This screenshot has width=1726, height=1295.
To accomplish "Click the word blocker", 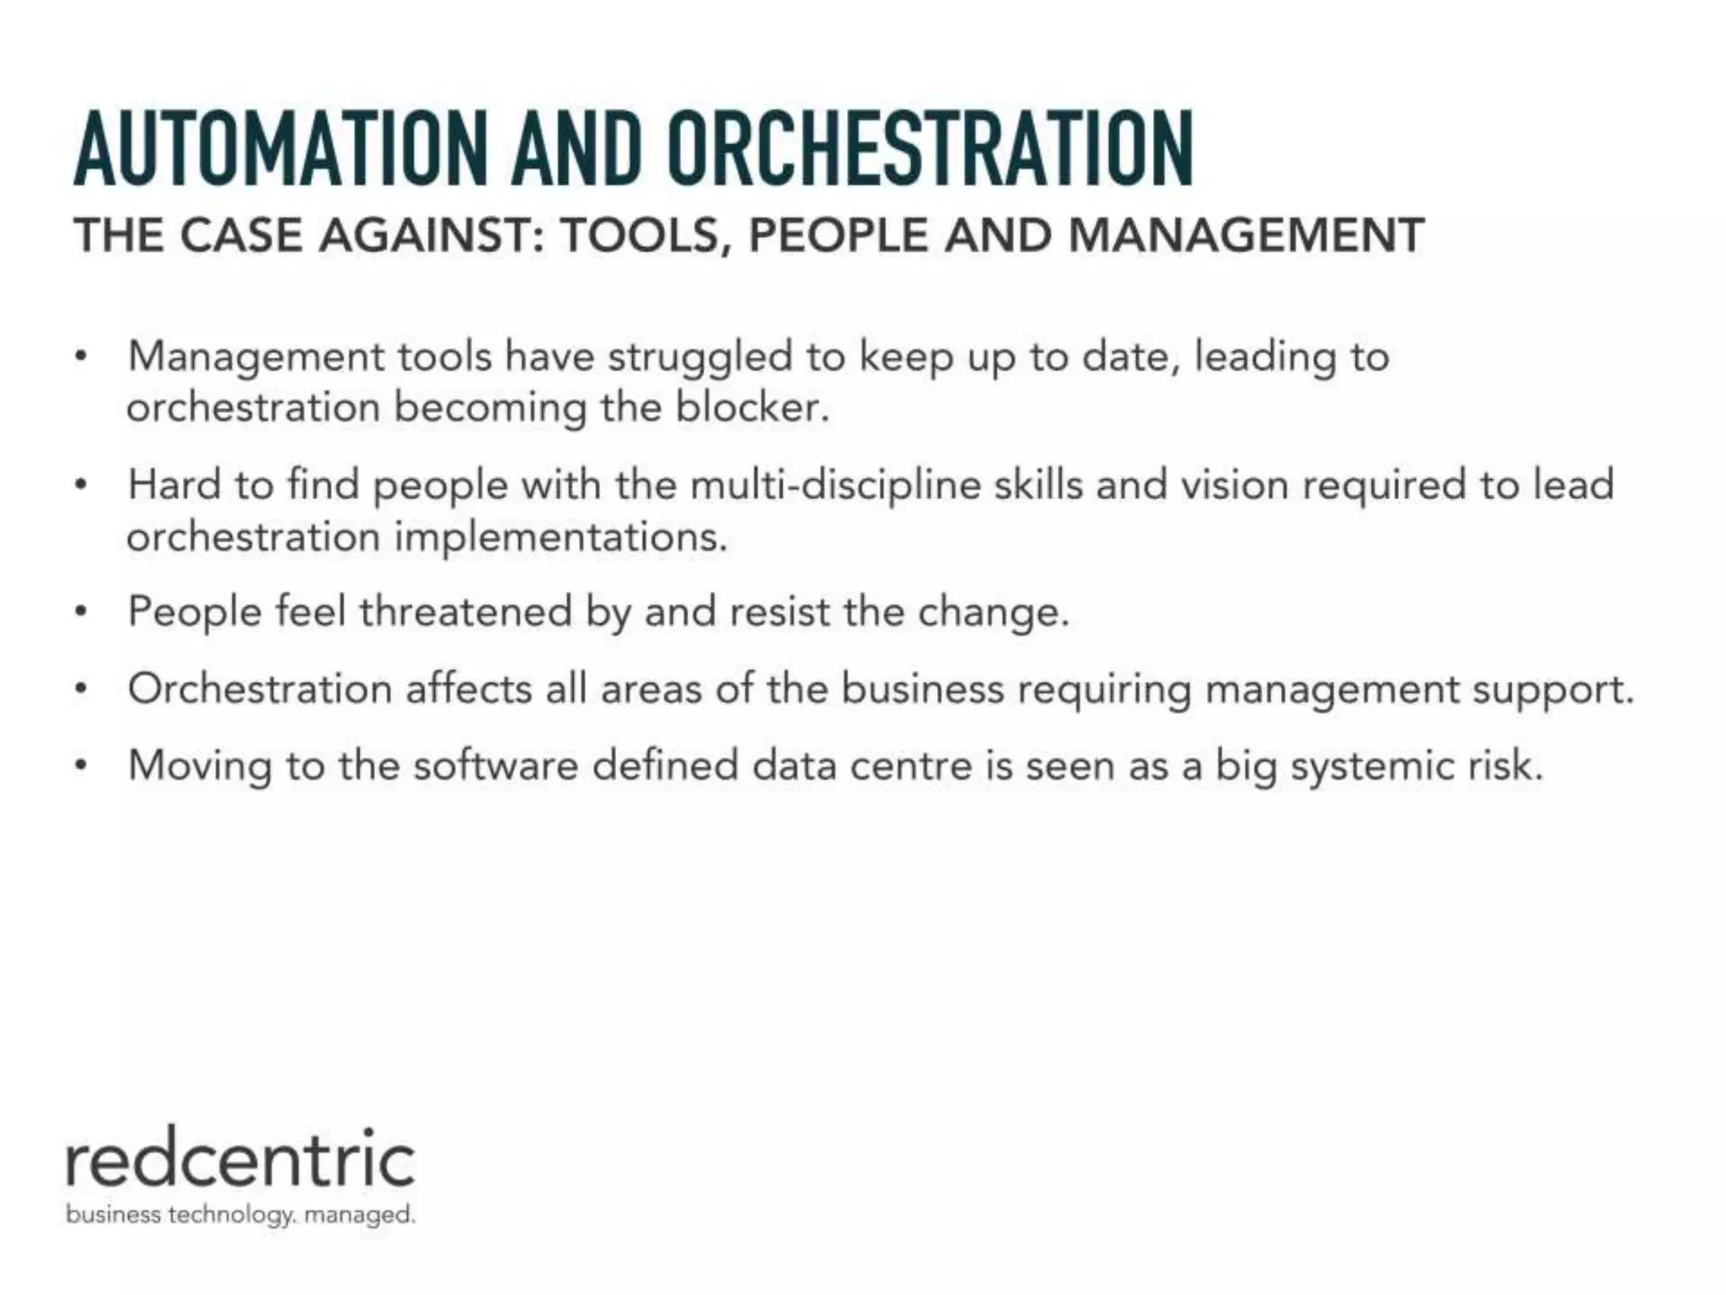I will coord(753,408).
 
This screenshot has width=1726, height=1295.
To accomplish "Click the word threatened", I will coord(466,611).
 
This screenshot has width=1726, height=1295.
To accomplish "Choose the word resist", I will coord(780,611).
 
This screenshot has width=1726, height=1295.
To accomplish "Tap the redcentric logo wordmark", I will coord(241,1159).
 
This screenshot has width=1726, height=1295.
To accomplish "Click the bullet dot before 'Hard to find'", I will coord(80,486).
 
